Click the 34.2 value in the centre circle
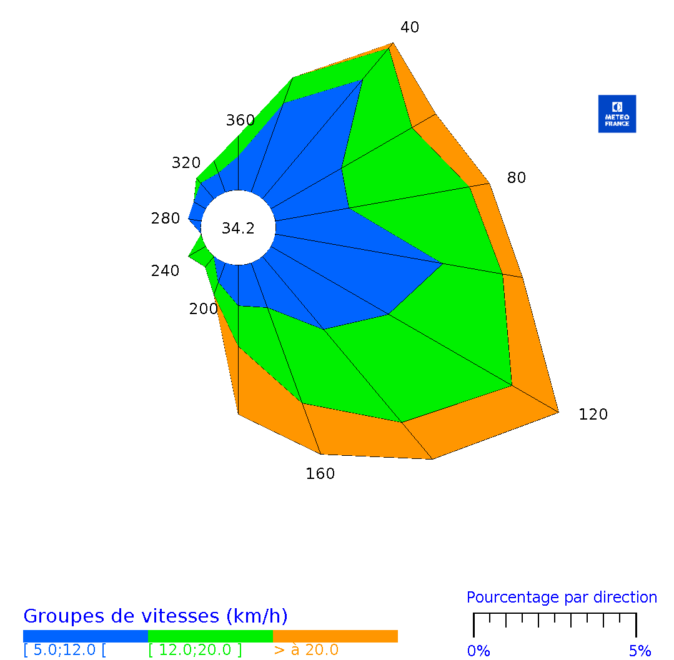(x=238, y=229)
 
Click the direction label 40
(x=410, y=27)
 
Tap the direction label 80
(x=517, y=178)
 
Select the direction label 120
(x=593, y=415)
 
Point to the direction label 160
(x=320, y=474)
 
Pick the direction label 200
(x=204, y=309)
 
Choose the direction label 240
(x=165, y=271)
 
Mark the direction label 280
(x=166, y=219)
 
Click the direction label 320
(x=186, y=163)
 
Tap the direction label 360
(x=240, y=121)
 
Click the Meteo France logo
(x=617, y=114)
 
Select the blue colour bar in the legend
(x=86, y=636)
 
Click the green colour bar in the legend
(x=211, y=636)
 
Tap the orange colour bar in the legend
(x=335, y=636)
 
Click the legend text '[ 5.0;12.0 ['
(x=65, y=650)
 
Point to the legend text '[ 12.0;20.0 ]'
(x=195, y=650)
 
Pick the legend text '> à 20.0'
(x=306, y=650)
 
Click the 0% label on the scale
(x=478, y=651)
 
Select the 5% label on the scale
(x=640, y=651)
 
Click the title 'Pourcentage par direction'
(x=562, y=598)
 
